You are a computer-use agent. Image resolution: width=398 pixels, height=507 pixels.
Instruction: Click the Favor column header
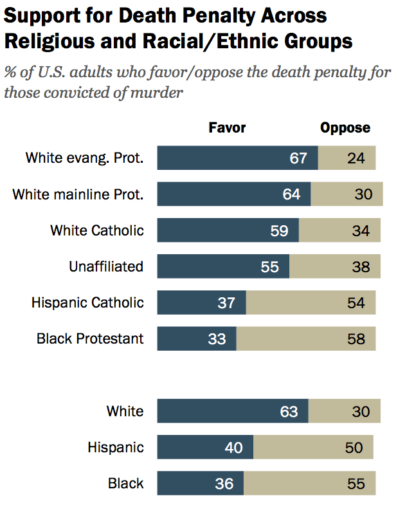coord(227,127)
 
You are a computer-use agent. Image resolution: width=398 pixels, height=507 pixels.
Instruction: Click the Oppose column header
coord(345,127)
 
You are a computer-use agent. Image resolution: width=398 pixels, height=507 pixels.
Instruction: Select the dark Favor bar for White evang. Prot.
coord(237,158)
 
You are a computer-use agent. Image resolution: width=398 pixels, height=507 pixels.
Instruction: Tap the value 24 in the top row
coord(355,158)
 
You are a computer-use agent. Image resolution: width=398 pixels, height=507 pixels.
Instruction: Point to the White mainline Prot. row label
coord(78,194)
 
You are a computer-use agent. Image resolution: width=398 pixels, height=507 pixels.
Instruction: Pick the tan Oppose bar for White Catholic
coord(339,230)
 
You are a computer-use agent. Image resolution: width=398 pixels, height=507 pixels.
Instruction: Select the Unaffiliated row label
coord(106,266)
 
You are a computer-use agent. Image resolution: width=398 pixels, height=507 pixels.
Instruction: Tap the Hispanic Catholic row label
coord(87,302)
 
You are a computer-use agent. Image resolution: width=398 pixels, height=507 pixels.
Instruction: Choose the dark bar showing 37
coord(201,302)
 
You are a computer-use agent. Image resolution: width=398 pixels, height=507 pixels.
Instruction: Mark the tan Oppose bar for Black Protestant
coord(306,338)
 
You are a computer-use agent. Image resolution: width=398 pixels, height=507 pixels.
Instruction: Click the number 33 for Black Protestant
coord(217,338)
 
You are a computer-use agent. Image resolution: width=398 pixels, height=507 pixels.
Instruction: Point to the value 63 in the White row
coord(289,411)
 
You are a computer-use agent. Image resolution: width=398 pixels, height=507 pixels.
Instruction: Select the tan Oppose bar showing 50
coord(313,447)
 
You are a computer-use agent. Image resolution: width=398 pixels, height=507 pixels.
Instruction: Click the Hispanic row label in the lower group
coord(116,447)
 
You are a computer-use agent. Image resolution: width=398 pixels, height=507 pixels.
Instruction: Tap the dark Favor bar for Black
coord(200,483)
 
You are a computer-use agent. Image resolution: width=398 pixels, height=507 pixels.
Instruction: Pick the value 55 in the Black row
coord(356,483)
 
